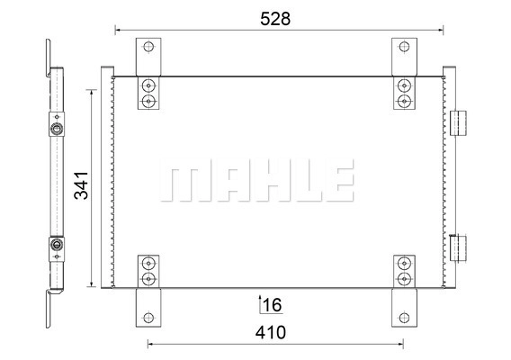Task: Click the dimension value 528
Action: point(275,19)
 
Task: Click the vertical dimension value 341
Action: point(81,185)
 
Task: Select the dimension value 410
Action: point(271,333)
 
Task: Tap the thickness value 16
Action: point(272,305)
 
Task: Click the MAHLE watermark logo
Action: point(256,180)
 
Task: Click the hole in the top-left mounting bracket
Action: point(148,47)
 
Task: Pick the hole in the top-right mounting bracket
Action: point(404,47)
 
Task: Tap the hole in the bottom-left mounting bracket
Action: point(148,318)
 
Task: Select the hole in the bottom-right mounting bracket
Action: point(404,318)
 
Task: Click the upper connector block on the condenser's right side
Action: point(458,123)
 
